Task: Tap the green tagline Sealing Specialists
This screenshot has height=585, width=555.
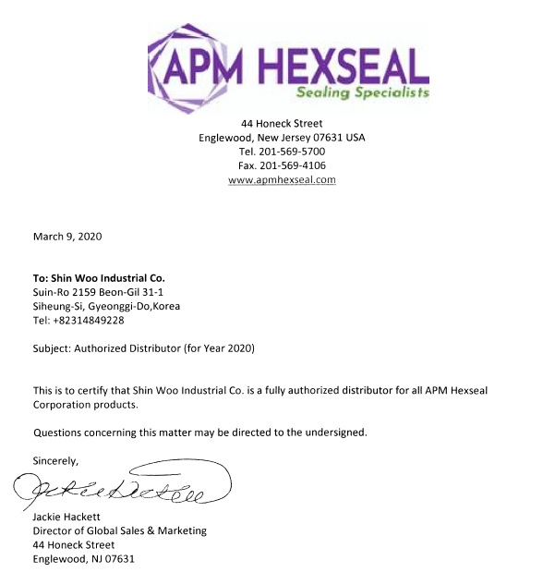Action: [363, 93]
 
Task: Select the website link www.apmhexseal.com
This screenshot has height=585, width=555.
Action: [282, 179]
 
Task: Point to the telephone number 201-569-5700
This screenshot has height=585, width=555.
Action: [294, 151]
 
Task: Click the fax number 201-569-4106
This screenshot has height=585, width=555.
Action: [295, 165]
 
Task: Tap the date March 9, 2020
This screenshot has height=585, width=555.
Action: [67, 236]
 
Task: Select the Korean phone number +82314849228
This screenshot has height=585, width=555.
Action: [90, 320]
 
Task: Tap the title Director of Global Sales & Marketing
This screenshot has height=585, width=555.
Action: [120, 530]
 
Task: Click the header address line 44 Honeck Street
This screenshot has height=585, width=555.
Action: [282, 123]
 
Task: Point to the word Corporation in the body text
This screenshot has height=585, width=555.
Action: [66, 405]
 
